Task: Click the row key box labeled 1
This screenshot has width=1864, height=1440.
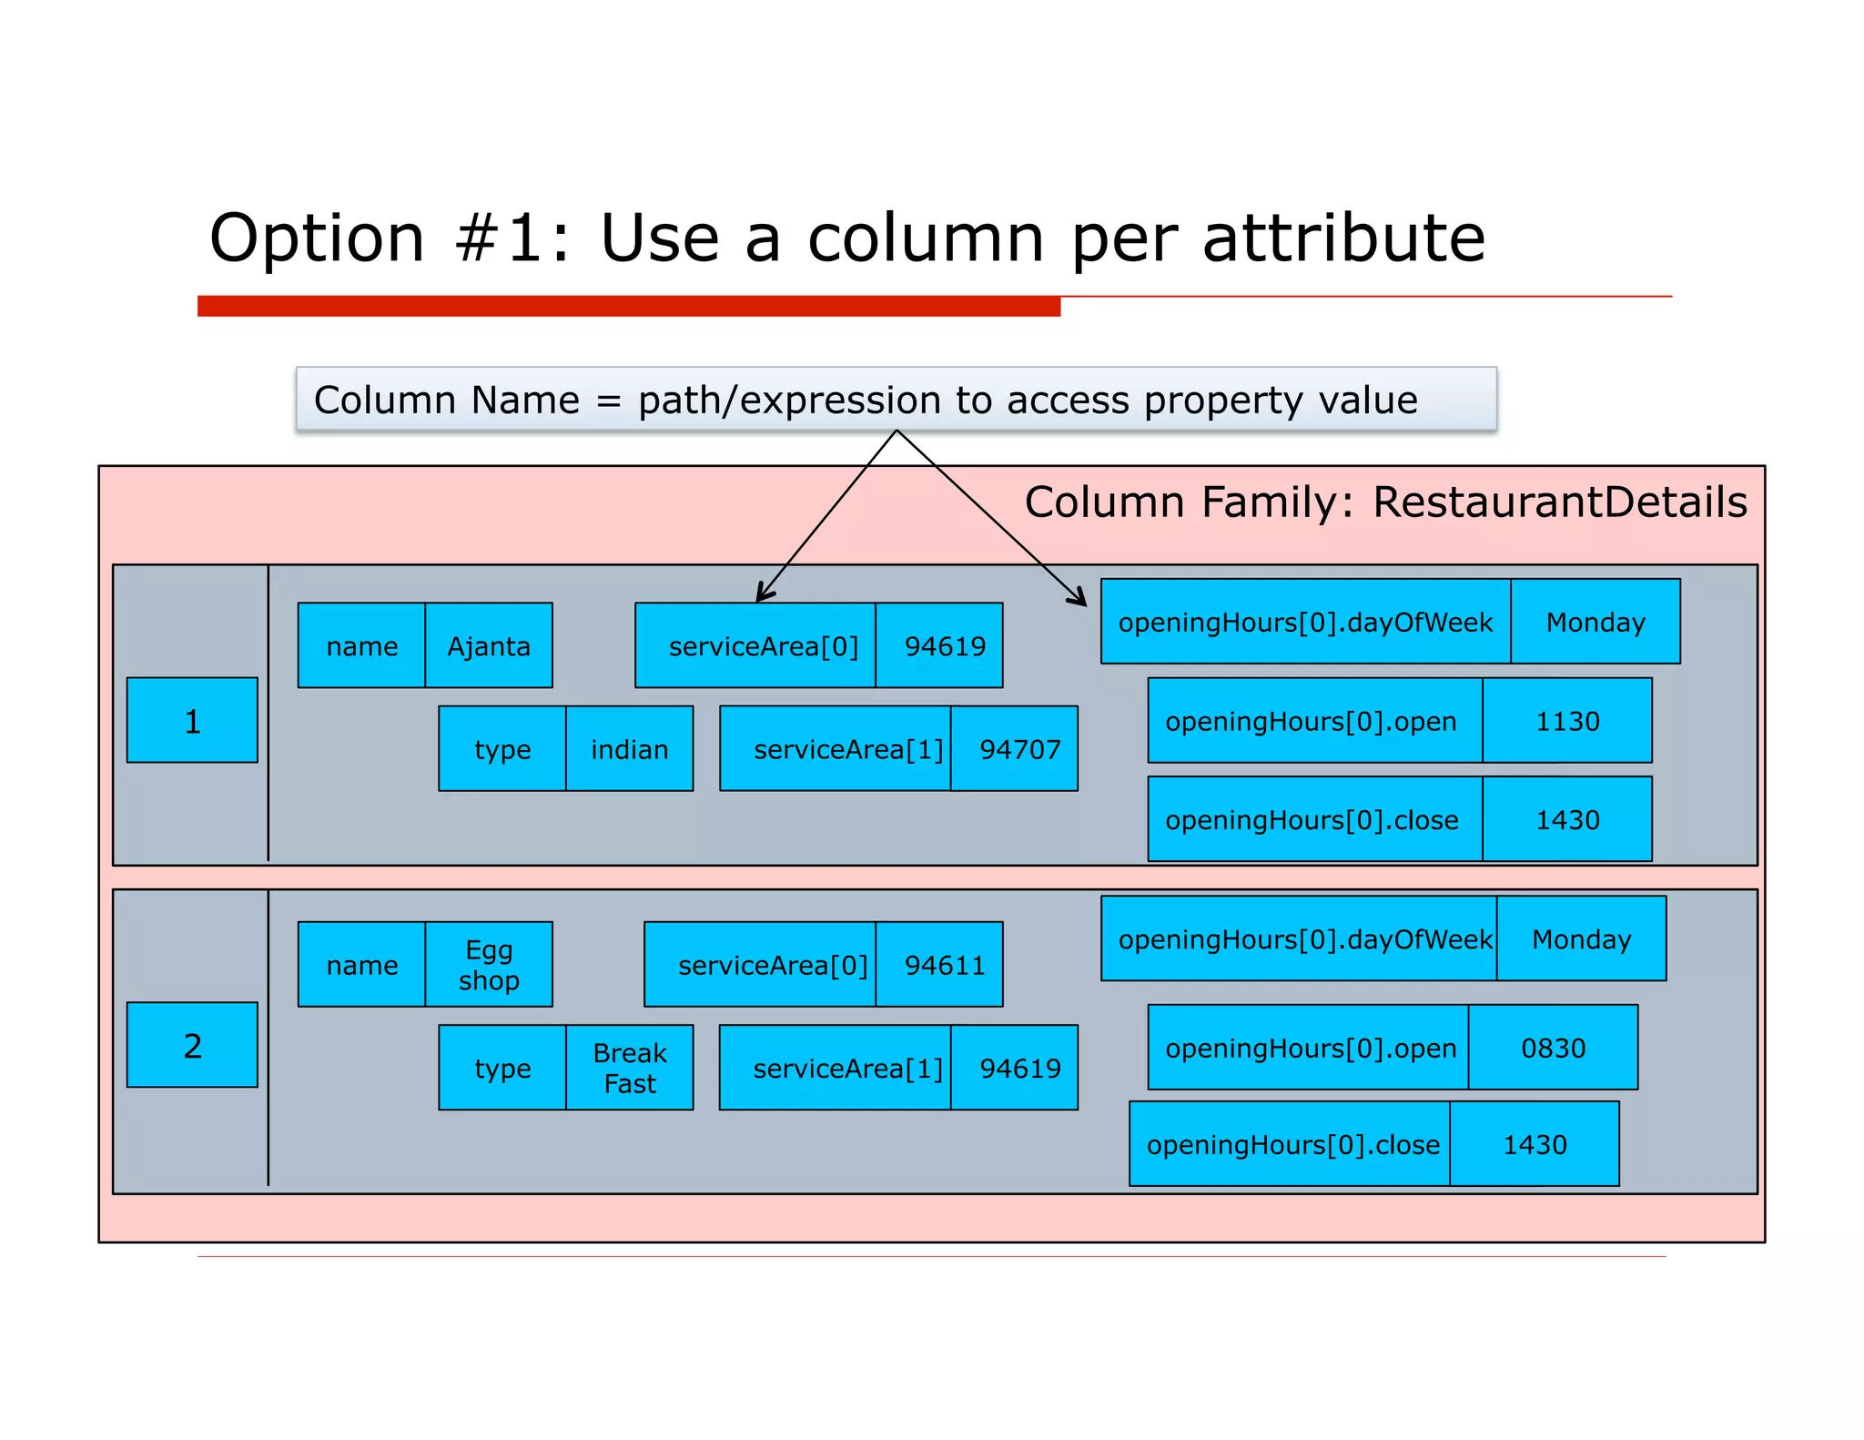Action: tap(192, 720)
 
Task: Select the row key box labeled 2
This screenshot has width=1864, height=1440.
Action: tap(192, 1045)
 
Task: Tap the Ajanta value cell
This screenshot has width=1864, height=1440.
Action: tap(489, 645)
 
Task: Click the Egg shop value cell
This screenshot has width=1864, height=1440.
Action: tap(489, 964)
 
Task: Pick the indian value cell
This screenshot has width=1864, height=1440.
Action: tap(629, 749)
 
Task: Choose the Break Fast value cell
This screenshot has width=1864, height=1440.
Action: tap(629, 1068)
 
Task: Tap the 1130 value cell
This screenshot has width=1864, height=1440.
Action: tap(1567, 721)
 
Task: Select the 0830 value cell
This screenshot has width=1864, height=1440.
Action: tap(1553, 1048)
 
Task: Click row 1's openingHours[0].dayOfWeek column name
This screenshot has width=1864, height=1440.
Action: tap(1305, 622)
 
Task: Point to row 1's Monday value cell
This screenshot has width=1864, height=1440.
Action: tap(1596, 622)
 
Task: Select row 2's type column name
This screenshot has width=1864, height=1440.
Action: tap(502, 1068)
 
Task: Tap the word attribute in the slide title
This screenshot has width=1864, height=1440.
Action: tap(1343, 238)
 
